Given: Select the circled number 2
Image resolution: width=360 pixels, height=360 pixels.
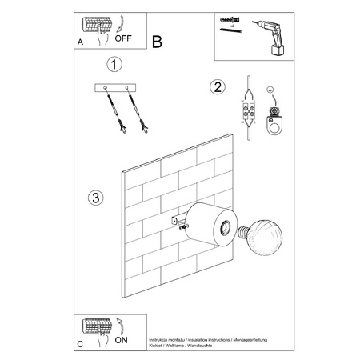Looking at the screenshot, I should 215,87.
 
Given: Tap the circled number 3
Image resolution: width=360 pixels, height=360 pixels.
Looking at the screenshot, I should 95,198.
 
